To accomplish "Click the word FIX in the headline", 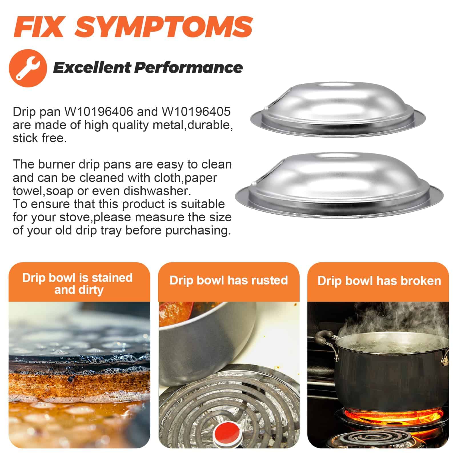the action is (38, 27).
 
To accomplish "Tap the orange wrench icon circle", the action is (28, 68).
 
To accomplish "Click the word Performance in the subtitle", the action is (189, 68).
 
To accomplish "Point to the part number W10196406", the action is (99, 112).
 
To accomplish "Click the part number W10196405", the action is (196, 112).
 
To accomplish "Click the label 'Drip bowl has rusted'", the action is (228, 280).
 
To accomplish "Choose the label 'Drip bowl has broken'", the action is (379, 281).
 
